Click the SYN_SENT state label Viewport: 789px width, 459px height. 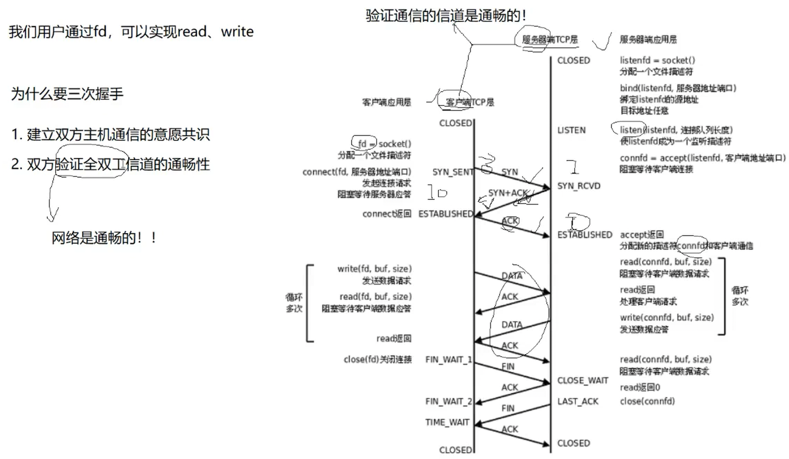(x=452, y=172)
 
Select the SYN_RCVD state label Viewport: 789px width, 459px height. (x=578, y=186)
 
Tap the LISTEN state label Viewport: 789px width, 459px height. (x=571, y=130)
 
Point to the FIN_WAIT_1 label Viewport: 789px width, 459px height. (x=448, y=359)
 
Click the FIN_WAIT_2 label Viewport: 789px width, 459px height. (x=448, y=401)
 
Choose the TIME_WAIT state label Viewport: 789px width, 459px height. (x=447, y=422)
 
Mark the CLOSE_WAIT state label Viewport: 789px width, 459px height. (x=583, y=380)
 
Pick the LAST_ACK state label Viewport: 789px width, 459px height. (x=577, y=401)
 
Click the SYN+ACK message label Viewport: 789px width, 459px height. (x=508, y=193)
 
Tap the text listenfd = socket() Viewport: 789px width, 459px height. (x=657, y=60)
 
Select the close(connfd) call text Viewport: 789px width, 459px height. (x=647, y=401)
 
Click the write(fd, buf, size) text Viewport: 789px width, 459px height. (x=374, y=269)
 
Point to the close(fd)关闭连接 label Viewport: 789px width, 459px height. (x=377, y=359)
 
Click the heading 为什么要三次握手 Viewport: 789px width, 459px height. (x=67, y=94)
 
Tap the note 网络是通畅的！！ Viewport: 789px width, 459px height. (x=104, y=238)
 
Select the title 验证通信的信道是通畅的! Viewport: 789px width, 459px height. (x=446, y=16)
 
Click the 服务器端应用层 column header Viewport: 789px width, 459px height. (x=648, y=39)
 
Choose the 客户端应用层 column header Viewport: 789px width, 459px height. (x=386, y=102)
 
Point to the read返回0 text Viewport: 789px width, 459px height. (x=639, y=387)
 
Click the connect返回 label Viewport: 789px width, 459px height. (x=387, y=214)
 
